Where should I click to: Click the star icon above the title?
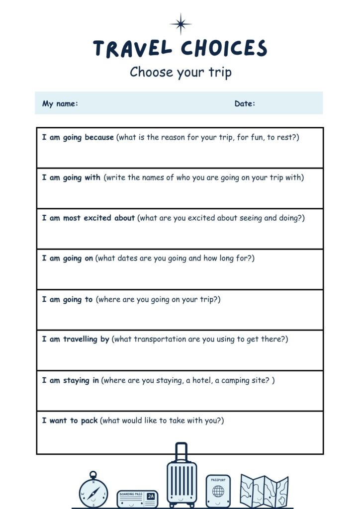(180, 23)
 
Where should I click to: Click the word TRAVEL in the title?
(132, 49)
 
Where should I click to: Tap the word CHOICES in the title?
(224, 49)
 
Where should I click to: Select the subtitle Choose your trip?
(180, 73)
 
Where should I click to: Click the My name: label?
(60, 104)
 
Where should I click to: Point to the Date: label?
(245, 104)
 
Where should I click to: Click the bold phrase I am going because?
(78, 137)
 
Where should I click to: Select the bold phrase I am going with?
(71, 177)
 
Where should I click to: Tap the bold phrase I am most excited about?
(89, 218)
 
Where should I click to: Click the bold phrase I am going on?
(68, 258)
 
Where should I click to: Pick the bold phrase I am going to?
(68, 299)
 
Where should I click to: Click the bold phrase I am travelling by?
(76, 339)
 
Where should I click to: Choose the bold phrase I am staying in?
(71, 380)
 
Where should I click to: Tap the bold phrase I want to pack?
(70, 421)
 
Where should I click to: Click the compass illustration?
(93, 490)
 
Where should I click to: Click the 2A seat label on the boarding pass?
(151, 496)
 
